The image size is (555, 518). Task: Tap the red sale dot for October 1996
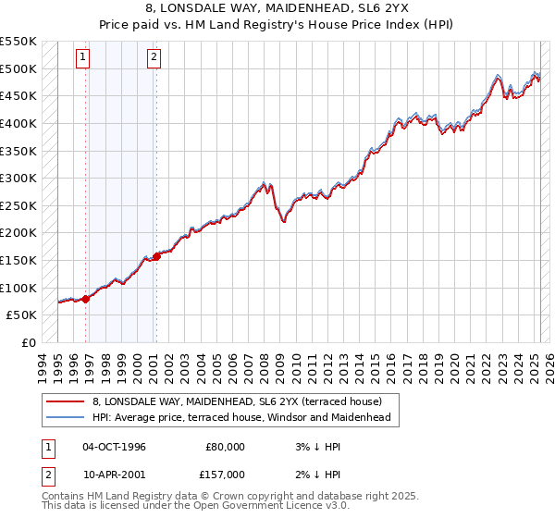[85, 298]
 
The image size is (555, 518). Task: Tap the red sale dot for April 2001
[156, 256]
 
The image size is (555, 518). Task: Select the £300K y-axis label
[18, 178]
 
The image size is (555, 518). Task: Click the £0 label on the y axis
[28, 342]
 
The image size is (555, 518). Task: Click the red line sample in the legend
[64, 401]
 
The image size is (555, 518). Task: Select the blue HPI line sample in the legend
[64, 417]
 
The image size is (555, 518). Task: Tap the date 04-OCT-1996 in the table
[114, 447]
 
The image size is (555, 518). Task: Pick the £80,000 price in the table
[225, 447]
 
